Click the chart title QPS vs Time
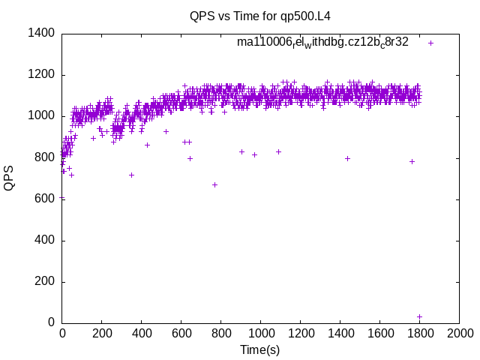pos(260,16)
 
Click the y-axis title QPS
pos(10,178)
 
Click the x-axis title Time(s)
pos(260,349)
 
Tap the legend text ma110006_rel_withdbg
pos(322,43)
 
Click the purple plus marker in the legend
pos(430,43)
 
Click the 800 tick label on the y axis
pos(43,157)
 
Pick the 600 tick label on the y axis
pos(43,199)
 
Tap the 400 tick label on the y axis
pos(43,241)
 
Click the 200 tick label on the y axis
pos(43,282)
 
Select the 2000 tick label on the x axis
pos(459,333)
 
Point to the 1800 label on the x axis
pos(419,333)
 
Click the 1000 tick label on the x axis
pos(260,333)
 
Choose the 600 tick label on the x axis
pos(181,333)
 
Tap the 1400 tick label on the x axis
pos(340,333)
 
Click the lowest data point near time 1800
pos(419,316)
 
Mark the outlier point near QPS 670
pos(214,184)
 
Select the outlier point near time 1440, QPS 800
pos(347,158)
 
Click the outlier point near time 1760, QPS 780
pos(412,161)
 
